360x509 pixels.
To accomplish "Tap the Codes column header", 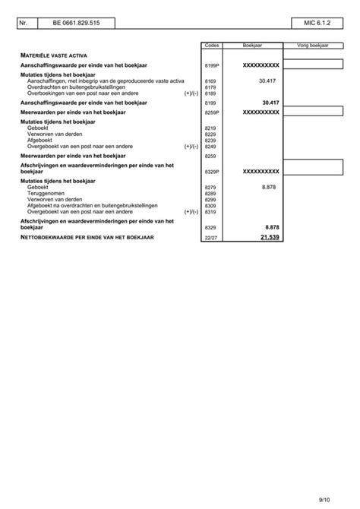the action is [212, 46].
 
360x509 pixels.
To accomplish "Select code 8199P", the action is [213, 67].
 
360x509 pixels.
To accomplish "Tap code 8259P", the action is [213, 112].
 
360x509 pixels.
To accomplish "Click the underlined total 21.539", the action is [270, 238].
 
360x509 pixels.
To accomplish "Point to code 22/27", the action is [211, 239].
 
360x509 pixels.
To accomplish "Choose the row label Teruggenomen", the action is [46, 193].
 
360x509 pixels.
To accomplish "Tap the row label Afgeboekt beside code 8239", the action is [40, 141].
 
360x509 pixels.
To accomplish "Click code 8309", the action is [211, 206].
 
